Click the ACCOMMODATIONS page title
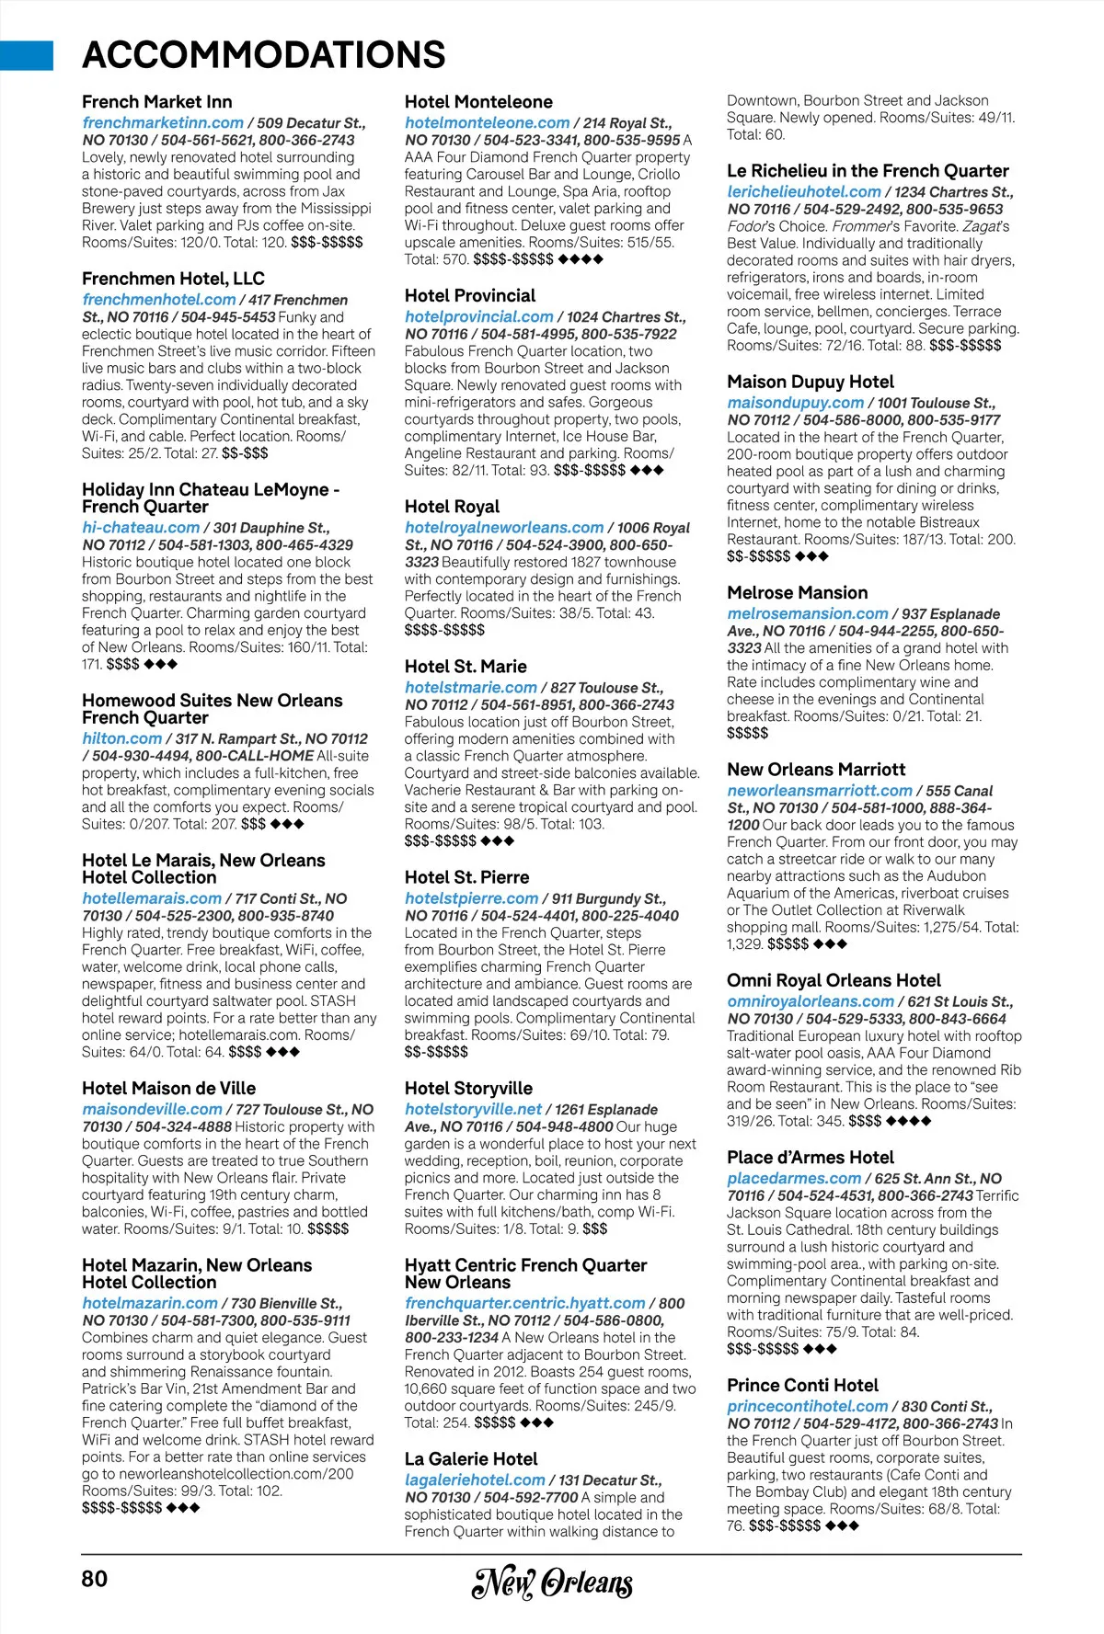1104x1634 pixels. pyautogui.click(x=264, y=55)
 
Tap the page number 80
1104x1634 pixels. pyautogui.click(x=95, y=1579)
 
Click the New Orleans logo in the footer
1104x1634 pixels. pyautogui.click(x=552, y=1582)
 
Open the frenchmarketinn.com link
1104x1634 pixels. pyautogui.click(x=163, y=122)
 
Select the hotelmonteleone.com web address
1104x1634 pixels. pyautogui.click(x=487, y=122)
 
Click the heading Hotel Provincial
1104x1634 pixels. pyautogui.click(x=470, y=295)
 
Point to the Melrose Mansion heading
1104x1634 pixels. pyautogui.click(x=797, y=593)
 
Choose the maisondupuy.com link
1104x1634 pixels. pyautogui.click(x=795, y=403)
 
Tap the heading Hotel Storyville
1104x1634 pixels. pyautogui.click(x=468, y=1088)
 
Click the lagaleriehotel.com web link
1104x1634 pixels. pyautogui.click(x=475, y=1480)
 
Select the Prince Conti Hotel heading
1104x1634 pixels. pyautogui.click(x=802, y=1385)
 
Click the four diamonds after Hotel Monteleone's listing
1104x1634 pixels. pyautogui.click(x=581, y=259)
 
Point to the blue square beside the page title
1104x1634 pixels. pyautogui.click(x=27, y=55)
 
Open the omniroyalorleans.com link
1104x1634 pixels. pyautogui.click(x=811, y=1001)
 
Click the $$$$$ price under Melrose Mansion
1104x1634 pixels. pyautogui.click(x=747, y=733)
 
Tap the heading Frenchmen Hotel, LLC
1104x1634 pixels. pyautogui.click(x=173, y=279)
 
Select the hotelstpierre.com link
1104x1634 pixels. pyautogui.click(x=471, y=898)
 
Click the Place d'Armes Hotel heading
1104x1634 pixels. pyautogui.click(x=810, y=1158)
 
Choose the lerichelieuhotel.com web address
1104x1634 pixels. pyautogui.click(x=803, y=192)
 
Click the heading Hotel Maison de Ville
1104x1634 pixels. pyautogui.click(x=168, y=1088)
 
